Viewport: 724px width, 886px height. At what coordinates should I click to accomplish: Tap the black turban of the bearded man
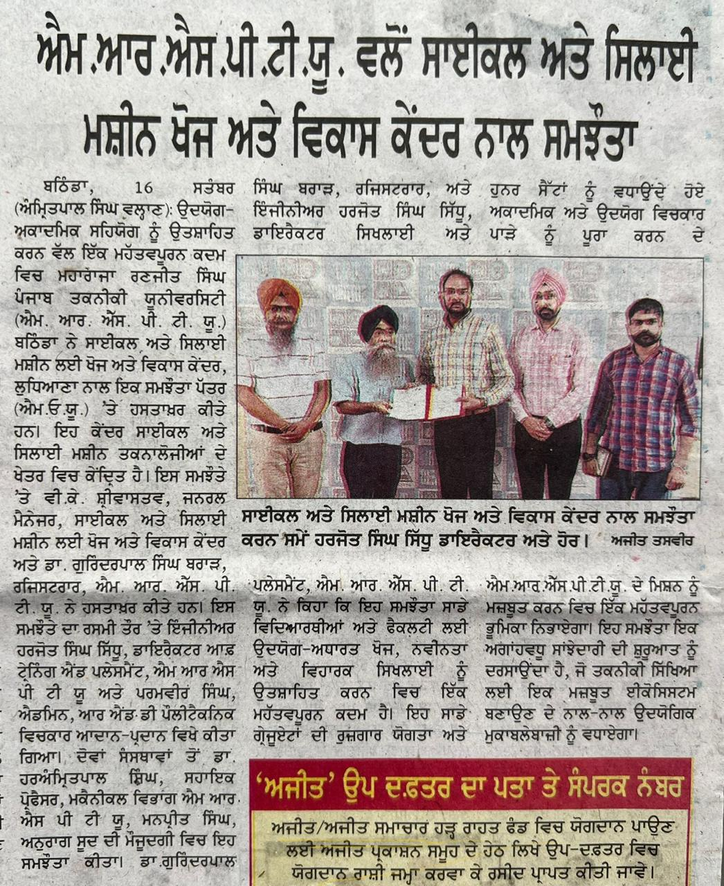378,320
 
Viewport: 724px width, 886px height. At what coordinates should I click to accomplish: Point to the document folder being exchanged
426,403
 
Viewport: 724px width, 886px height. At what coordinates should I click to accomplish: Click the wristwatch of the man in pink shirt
549,422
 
